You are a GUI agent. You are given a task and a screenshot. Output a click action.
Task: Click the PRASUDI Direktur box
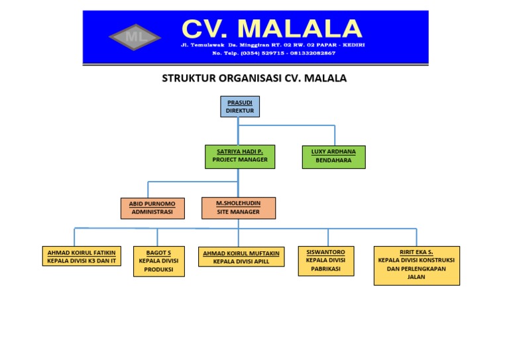pyautogui.click(x=239, y=107)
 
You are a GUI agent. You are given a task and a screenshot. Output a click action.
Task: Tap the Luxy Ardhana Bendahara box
pyautogui.click(x=333, y=156)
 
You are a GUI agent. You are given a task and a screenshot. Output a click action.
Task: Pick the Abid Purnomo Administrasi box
pyautogui.click(x=152, y=208)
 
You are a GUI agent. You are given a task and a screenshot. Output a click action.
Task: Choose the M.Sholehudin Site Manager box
pyautogui.click(x=238, y=208)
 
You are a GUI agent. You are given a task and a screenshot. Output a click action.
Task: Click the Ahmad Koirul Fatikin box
pyautogui.click(x=82, y=257)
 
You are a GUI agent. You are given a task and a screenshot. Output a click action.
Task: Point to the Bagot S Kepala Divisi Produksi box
pyautogui.click(x=158, y=261)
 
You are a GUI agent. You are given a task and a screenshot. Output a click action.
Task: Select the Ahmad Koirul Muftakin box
pyautogui.click(x=241, y=257)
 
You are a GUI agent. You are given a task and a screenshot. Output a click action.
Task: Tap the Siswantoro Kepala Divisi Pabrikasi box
pyautogui.click(x=325, y=261)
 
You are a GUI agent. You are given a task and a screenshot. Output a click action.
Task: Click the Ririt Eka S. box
pyautogui.click(x=416, y=265)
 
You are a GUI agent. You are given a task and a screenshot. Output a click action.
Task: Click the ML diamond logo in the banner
pyautogui.click(x=135, y=36)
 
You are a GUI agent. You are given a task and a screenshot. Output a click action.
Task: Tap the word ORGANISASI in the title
pyautogui.click(x=251, y=78)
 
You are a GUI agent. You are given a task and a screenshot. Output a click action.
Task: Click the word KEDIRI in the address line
pyautogui.click(x=351, y=44)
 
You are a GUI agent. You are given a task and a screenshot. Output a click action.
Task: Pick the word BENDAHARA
pyautogui.click(x=333, y=160)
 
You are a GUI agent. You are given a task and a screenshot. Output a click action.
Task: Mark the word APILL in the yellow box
pyautogui.click(x=266, y=262)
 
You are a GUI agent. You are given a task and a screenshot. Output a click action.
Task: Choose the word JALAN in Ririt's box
pyautogui.click(x=416, y=277)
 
